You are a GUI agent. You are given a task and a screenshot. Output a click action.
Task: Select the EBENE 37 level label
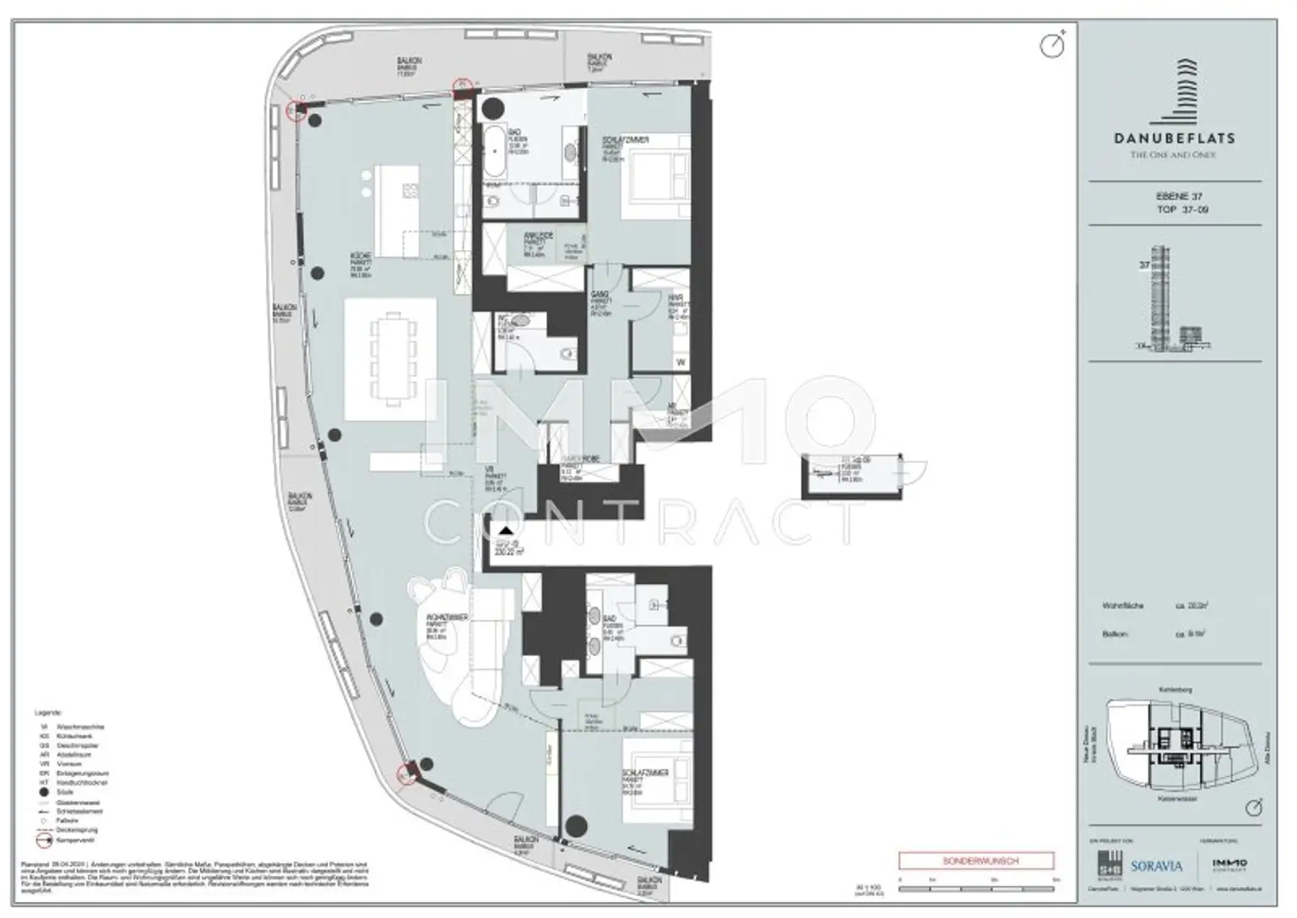point(1179,196)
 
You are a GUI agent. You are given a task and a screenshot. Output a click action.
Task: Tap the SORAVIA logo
point(1156,866)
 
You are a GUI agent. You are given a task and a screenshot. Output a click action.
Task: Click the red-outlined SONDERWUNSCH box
point(976,861)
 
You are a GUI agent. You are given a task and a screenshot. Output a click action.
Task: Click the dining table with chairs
point(392,350)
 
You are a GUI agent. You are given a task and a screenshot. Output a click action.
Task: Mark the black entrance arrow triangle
point(505,531)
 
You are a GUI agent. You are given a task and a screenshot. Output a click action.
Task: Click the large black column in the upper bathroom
point(493,108)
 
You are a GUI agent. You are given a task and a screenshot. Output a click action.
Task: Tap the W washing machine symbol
point(681,362)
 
